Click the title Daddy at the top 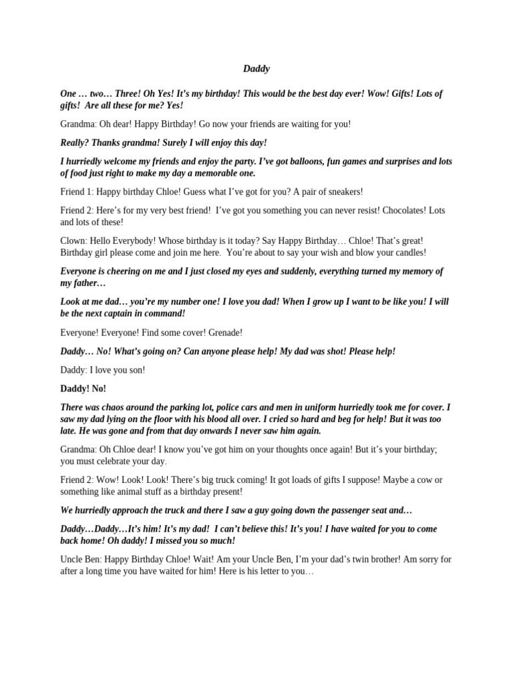click(256, 68)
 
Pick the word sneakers click(341, 192)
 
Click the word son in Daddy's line click(138, 369)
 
